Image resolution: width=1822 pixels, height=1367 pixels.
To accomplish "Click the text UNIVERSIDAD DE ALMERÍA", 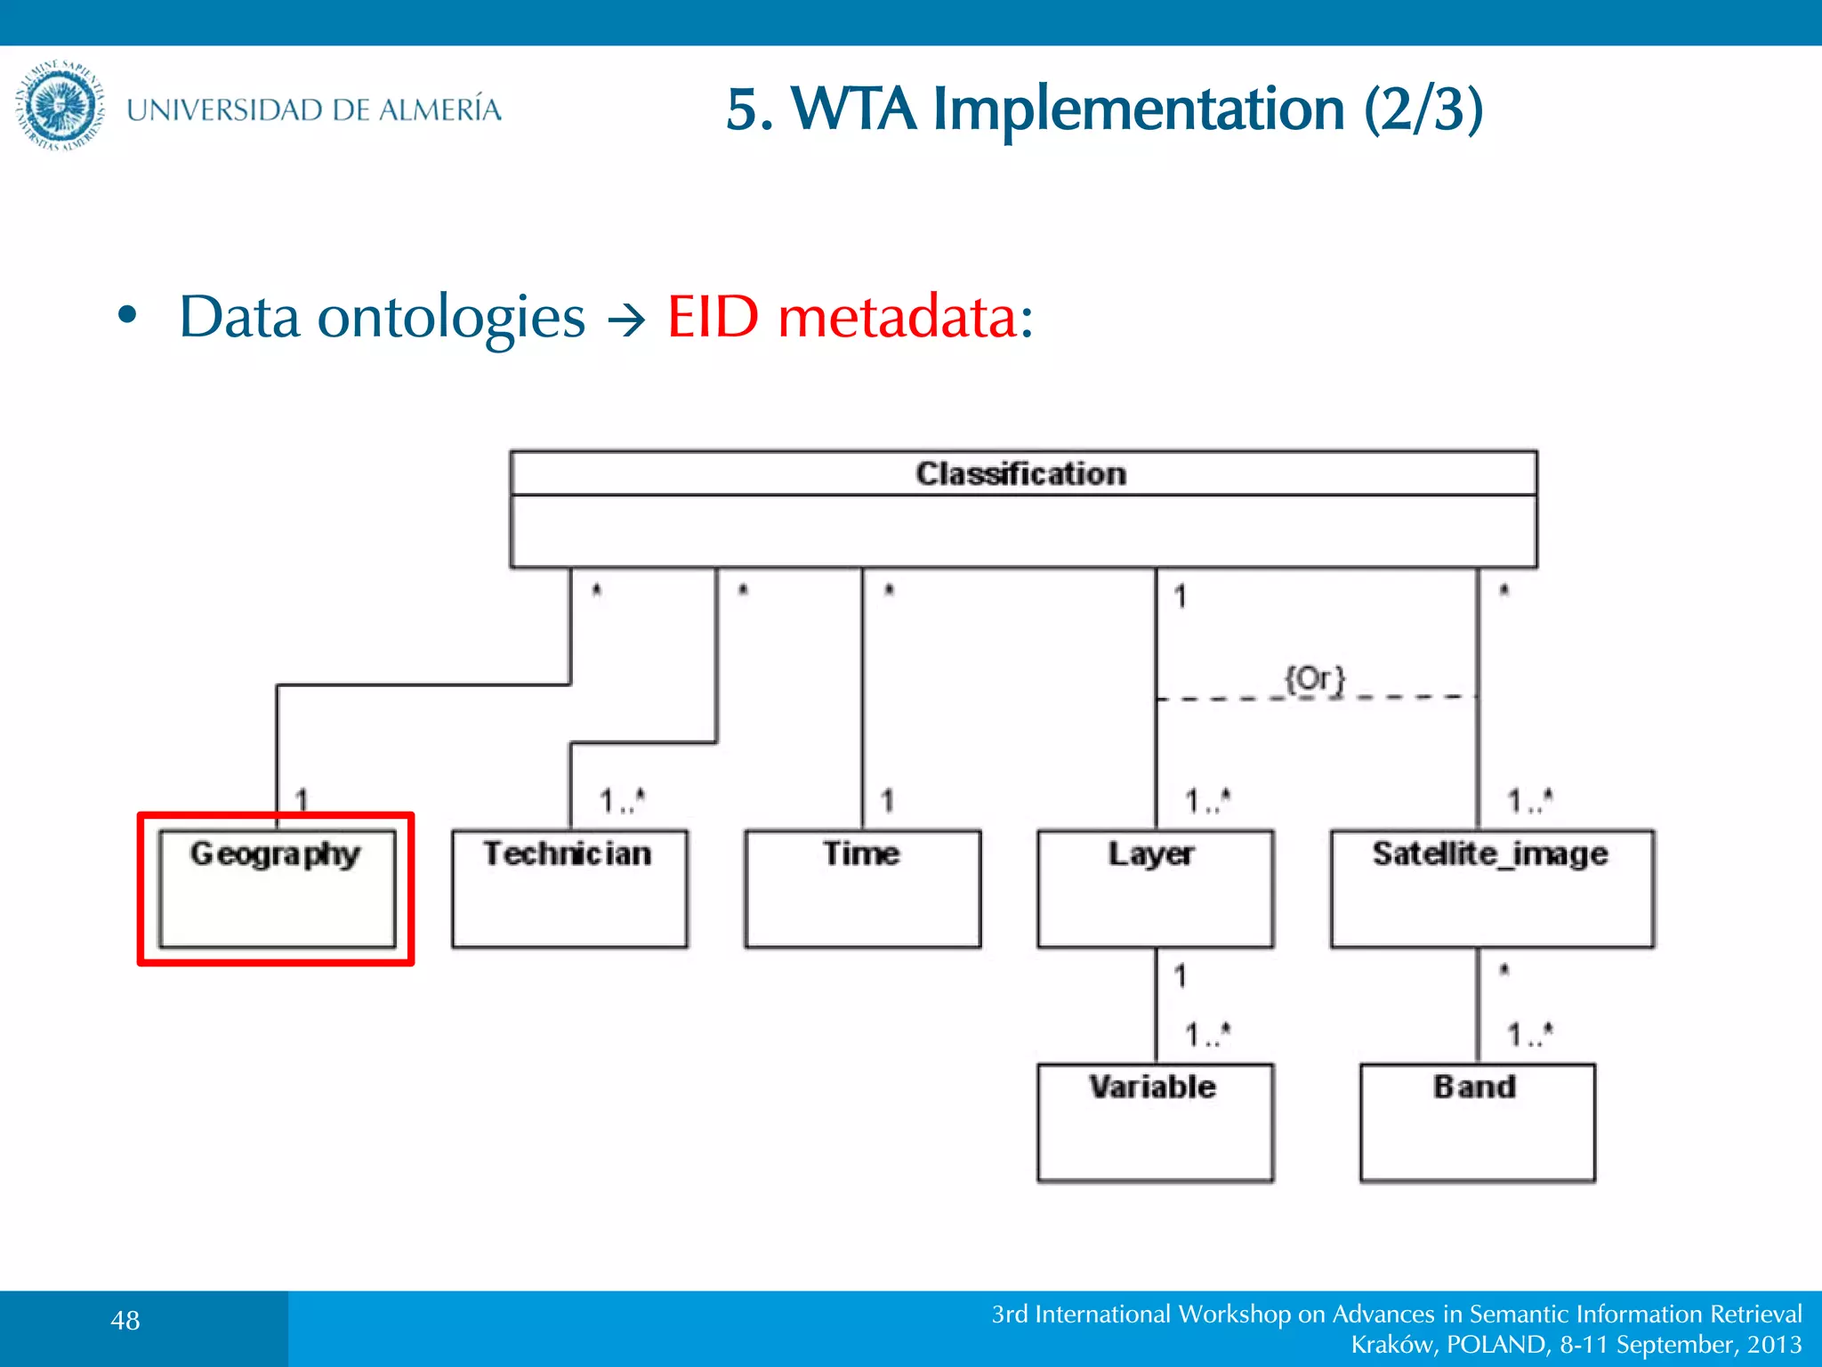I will (314, 109).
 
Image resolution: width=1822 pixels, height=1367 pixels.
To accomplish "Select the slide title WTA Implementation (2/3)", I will (1104, 109).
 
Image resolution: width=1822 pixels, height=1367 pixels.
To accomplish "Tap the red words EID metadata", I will (850, 317).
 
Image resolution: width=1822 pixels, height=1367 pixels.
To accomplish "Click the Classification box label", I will (1021, 473).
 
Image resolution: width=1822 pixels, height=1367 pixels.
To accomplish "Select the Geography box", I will (276, 888).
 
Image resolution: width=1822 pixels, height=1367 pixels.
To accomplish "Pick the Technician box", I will (569, 888).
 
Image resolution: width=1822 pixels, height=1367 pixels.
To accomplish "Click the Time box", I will (862, 888).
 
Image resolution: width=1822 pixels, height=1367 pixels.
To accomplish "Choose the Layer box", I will (1155, 888).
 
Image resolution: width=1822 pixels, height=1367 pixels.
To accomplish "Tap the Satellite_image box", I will (1492, 888).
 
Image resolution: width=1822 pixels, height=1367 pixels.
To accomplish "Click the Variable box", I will (1155, 1121).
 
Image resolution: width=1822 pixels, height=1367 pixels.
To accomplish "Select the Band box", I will (1477, 1121).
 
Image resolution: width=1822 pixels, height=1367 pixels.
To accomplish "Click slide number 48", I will (125, 1321).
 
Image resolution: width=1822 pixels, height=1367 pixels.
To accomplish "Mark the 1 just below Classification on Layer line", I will (1181, 596).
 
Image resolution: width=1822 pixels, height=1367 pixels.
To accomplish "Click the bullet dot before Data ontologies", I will (128, 315).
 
